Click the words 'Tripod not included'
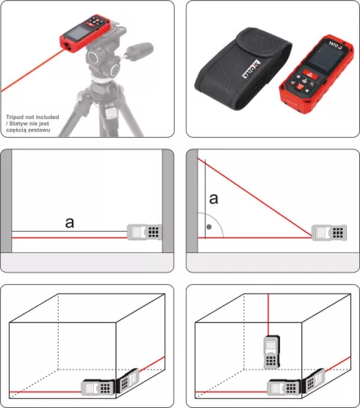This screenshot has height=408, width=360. (x=30, y=117)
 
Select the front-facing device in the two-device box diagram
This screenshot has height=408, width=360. (x=95, y=390)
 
